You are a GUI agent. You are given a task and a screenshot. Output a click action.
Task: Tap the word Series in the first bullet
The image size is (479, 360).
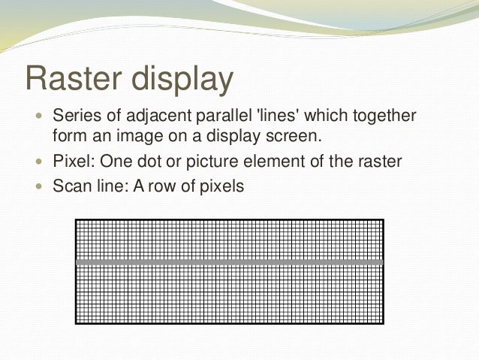click(x=74, y=117)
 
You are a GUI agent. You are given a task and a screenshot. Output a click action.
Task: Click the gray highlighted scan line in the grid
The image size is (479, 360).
click(x=230, y=262)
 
